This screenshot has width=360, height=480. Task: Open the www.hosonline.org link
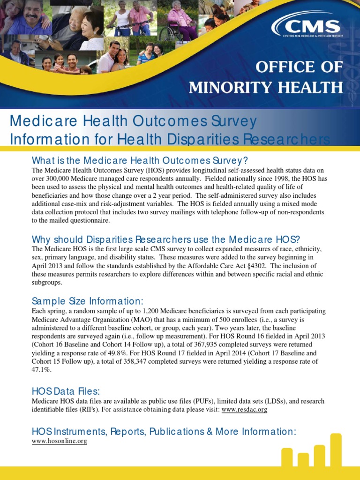point(59,441)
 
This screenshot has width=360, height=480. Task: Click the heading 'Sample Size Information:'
point(87,300)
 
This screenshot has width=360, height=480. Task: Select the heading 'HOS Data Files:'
point(66,391)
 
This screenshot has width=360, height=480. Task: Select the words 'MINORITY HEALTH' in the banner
point(265,87)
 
